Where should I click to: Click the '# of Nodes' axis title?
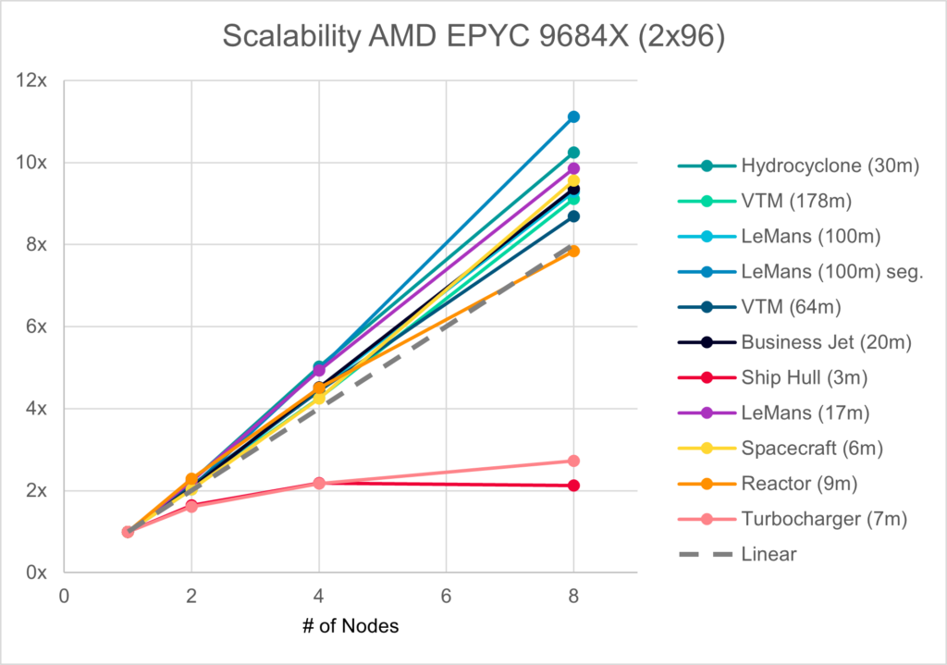click(350, 626)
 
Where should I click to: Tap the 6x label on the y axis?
click(36, 326)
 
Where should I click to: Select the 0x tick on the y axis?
click(36, 573)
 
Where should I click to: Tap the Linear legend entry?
click(767, 555)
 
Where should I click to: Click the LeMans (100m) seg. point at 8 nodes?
click(573, 117)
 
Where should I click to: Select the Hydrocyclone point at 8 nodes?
click(573, 152)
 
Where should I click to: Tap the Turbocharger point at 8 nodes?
click(573, 461)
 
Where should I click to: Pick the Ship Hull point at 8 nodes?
click(573, 486)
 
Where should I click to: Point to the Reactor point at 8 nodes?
click(573, 251)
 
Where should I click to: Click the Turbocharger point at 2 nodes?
click(191, 507)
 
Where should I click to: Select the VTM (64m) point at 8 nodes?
click(573, 216)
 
